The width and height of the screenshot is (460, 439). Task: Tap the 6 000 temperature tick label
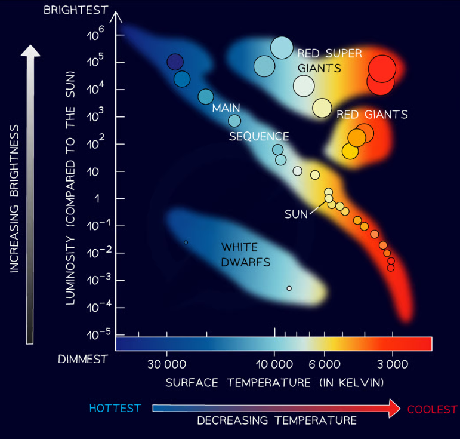(x=324, y=363)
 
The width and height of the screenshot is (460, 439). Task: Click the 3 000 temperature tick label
(x=392, y=363)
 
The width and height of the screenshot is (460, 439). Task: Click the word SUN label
(x=295, y=214)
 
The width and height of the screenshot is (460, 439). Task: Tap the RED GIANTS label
(x=372, y=114)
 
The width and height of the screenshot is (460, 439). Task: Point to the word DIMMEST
(x=83, y=359)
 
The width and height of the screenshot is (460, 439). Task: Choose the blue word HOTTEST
(x=115, y=408)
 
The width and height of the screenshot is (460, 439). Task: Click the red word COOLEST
(x=432, y=409)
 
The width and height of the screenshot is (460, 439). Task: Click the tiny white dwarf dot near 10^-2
(x=186, y=242)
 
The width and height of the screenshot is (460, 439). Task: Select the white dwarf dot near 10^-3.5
(x=289, y=288)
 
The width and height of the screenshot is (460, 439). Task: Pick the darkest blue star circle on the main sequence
(x=174, y=62)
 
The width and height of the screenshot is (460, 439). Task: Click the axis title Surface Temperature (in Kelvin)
(x=274, y=382)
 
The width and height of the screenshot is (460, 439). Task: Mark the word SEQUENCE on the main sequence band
(x=259, y=136)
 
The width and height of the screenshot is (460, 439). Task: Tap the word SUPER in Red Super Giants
(x=342, y=54)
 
